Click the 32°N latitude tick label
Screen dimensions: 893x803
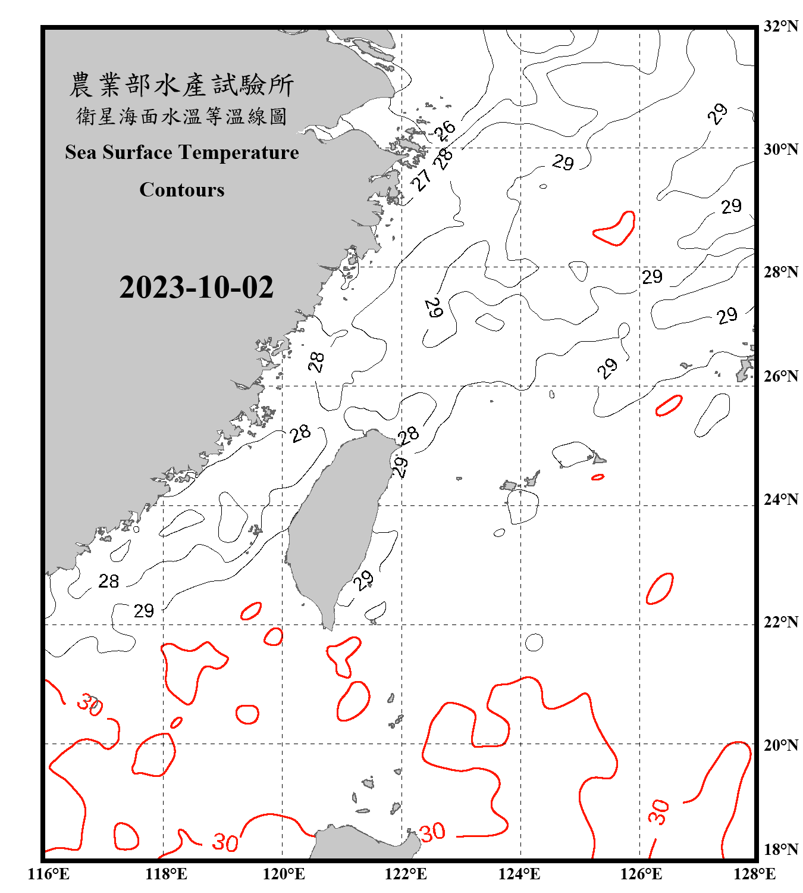[780, 26]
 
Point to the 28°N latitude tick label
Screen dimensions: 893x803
[780, 272]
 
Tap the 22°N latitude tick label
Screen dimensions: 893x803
[780, 622]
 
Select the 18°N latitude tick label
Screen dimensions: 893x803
[780, 850]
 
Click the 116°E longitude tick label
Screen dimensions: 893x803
[48, 874]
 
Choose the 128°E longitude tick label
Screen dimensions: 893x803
[754, 874]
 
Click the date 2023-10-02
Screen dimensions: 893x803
[196, 288]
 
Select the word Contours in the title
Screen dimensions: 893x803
[182, 190]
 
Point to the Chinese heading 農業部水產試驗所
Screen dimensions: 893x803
[182, 85]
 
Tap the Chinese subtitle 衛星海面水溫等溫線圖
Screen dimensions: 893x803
[182, 116]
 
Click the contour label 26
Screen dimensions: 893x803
[444, 130]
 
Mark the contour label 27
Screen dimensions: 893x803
[422, 179]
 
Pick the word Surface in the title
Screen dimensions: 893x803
[137, 152]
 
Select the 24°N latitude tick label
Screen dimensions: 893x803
[780, 499]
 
